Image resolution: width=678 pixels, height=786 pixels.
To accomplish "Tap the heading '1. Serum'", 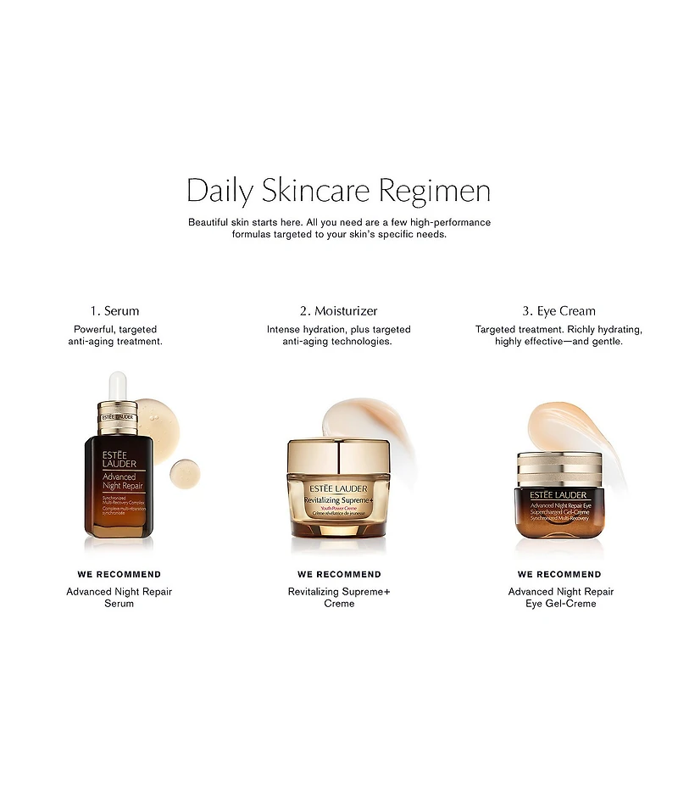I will (x=114, y=311).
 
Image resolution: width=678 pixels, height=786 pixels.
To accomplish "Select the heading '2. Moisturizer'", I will (x=338, y=311).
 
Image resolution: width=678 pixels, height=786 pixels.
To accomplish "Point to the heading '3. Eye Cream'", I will (x=559, y=311).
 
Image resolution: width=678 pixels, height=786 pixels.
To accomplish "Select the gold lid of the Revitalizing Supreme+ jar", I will (x=338, y=459).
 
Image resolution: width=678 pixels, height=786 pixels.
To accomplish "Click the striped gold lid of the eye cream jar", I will (x=559, y=466).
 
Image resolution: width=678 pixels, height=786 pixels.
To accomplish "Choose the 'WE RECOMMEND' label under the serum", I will (x=119, y=574).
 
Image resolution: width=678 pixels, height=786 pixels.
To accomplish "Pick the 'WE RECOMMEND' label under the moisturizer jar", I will (x=339, y=574).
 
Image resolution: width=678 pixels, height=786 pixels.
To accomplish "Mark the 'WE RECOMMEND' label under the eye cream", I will (x=559, y=574).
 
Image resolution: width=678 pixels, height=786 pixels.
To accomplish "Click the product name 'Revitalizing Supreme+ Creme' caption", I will (x=339, y=597).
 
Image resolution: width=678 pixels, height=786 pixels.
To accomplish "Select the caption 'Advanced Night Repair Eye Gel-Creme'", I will (x=560, y=597).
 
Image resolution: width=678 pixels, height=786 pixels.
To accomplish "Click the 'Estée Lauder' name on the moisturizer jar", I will (x=339, y=488).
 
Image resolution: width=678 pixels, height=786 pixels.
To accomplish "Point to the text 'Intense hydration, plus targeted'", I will (x=338, y=329).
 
